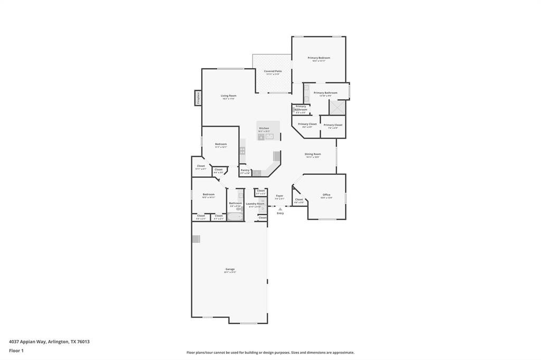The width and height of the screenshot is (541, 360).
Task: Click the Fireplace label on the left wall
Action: point(198,98)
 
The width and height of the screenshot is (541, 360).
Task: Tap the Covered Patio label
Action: point(273,71)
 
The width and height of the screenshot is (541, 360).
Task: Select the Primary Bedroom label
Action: point(319,58)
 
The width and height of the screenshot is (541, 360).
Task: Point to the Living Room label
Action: point(228,96)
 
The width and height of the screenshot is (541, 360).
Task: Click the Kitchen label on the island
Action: point(264,128)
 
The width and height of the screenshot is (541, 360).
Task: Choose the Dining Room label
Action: point(312,154)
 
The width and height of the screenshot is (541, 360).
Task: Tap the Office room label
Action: point(327,195)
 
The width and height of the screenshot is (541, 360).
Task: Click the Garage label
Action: point(230,269)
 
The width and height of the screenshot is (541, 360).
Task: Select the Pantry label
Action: point(245,170)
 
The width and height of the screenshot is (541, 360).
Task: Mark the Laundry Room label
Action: point(255,204)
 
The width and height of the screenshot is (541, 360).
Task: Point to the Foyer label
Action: point(279,196)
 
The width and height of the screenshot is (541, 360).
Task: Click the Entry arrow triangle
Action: point(280,209)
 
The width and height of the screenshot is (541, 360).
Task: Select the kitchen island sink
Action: point(269,137)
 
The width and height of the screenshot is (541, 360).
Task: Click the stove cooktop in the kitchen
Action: point(242,150)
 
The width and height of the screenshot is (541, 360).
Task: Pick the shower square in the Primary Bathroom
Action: point(337,107)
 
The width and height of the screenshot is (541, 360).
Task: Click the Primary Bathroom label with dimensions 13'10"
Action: point(325,93)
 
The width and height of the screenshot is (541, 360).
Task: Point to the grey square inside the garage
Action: point(196,239)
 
